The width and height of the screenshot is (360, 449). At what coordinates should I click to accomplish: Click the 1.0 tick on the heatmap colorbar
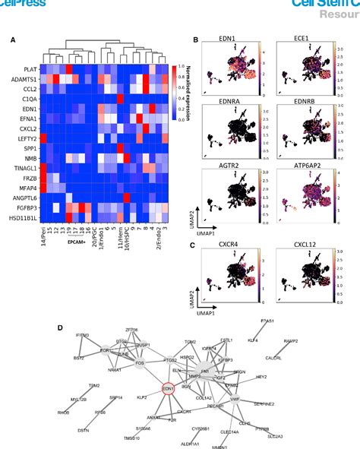[x=180, y=66]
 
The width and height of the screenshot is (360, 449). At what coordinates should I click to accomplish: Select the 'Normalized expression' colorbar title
[x=188, y=84]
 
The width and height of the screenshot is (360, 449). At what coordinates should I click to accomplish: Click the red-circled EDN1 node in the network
[x=169, y=388]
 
